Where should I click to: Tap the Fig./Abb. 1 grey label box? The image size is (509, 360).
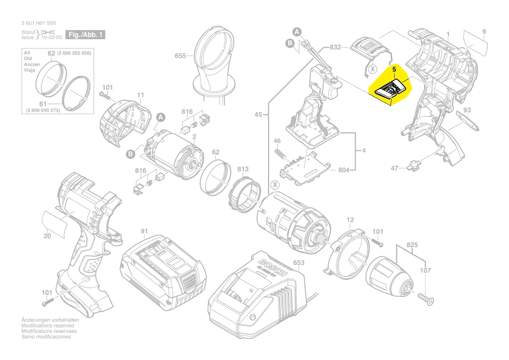coord(85,34)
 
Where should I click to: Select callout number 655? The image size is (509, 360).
coord(180,56)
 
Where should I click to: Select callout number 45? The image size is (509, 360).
coord(258,115)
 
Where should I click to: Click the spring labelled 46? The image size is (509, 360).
coord(282,154)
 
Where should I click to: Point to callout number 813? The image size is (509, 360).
coord(243,169)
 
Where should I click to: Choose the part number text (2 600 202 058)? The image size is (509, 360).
coord(74,53)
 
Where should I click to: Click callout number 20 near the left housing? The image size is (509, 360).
coord(48,236)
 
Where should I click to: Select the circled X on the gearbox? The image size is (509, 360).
coord(275,185)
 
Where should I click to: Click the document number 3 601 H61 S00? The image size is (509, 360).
coord(39,23)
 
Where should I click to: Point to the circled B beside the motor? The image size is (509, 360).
coord(130,153)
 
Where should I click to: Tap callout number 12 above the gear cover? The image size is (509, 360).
coord(350,220)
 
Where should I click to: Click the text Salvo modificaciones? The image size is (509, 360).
coord(46,337)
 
